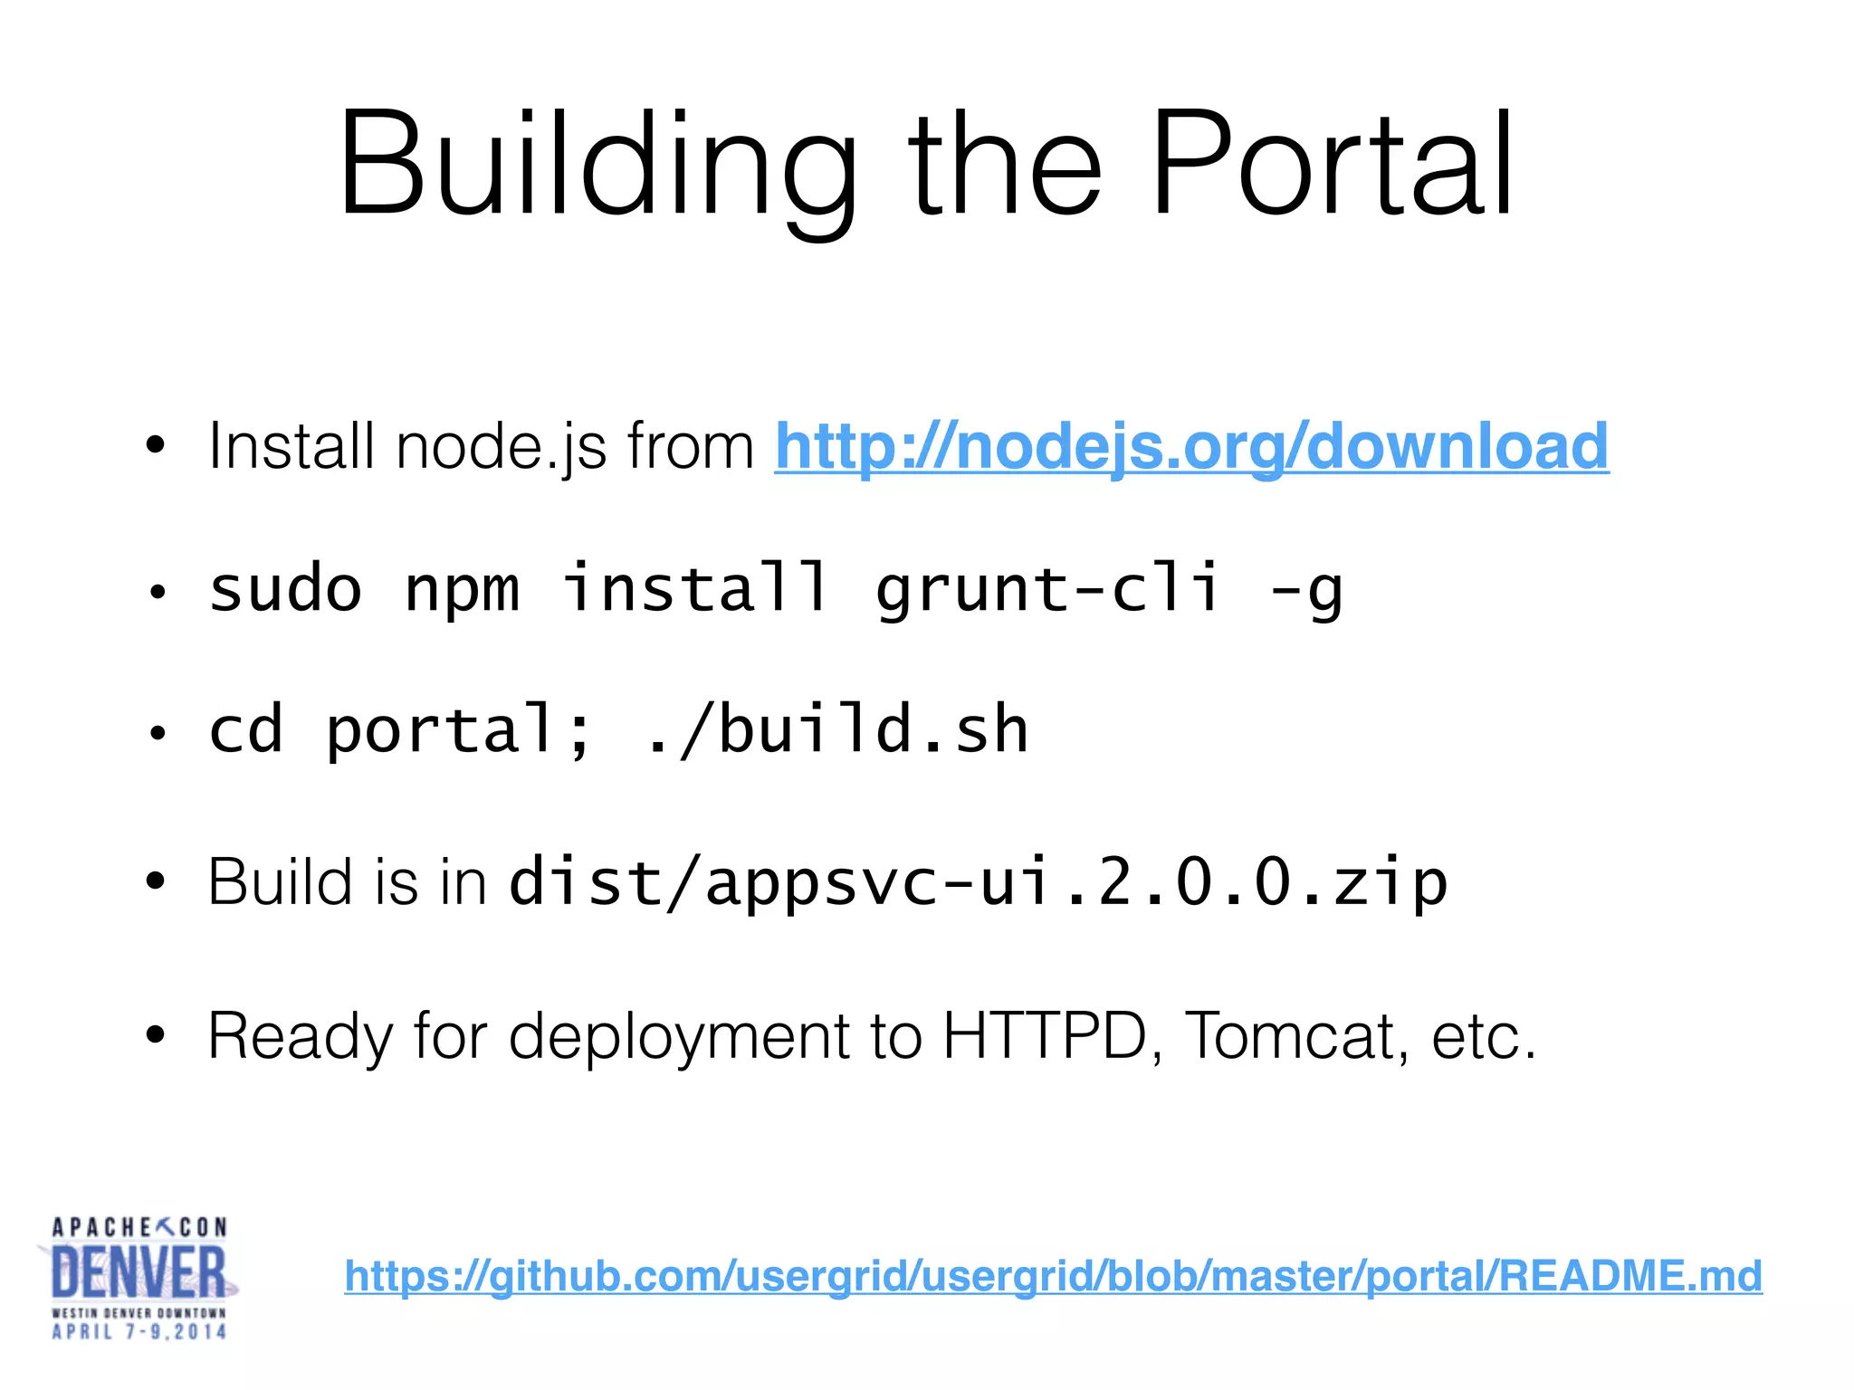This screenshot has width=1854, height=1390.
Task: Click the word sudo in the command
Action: pyautogui.click(x=285, y=589)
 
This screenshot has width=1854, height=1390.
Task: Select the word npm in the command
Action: pyautogui.click(x=462, y=591)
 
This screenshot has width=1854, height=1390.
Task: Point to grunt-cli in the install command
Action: pyautogui.click(x=1047, y=589)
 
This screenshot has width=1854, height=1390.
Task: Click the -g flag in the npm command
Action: pyautogui.click(x=1306, y=591)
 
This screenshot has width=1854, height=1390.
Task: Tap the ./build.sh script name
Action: pyautogui.click(x=837, y=730)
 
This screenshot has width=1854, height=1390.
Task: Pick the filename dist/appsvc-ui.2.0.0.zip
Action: pyautogui.click(x=978, y=882)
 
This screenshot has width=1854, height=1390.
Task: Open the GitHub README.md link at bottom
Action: pyautogui.click(x=1053, y=1276)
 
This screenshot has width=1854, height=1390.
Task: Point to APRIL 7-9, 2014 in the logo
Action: pyautogui.click(x=139, y=1331)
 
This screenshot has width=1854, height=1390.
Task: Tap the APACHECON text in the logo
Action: pyautogui.click(x=139, y=1227)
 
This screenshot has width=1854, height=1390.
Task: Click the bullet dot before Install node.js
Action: pyautogui.click(x=157, y=445)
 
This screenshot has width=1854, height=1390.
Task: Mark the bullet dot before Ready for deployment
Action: pyautogui.click(x=157, y=1034)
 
